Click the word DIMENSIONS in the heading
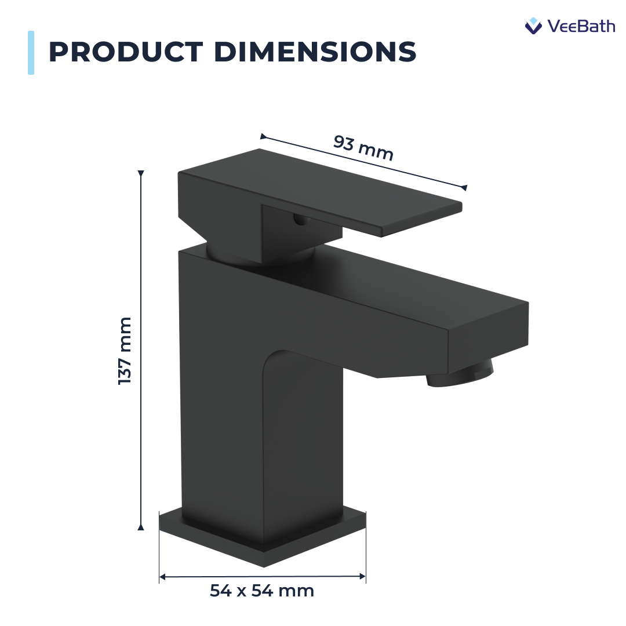315,52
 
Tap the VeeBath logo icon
533,26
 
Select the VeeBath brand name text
581,26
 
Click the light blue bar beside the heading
31,53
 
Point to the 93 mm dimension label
363,148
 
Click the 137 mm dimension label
125,351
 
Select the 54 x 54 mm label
262,591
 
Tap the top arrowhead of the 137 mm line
140,173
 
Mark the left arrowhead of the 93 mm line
264,137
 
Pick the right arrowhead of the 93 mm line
463,187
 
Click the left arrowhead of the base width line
163,577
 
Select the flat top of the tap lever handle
319,185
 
